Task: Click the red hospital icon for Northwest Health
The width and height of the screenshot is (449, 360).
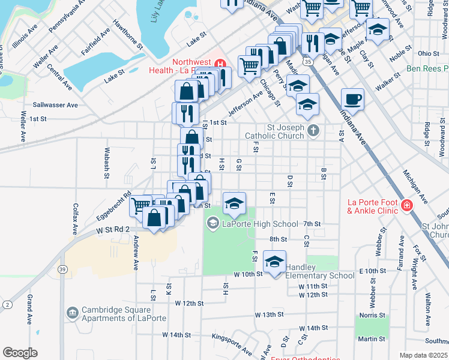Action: [220, 63]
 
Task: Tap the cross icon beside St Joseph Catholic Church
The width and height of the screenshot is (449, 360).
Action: [313, 130]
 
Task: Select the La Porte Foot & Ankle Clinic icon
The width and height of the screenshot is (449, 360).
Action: [407, 206]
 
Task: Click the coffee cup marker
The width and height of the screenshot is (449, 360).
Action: [352, 99]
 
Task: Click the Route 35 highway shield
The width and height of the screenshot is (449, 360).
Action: [307, 61]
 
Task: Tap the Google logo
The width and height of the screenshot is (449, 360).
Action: [20, 353]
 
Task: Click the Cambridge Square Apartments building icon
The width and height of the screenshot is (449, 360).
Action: [72, 313]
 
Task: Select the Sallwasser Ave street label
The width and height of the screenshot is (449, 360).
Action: [55, 105]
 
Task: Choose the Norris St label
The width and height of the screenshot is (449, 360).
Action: [373, 315]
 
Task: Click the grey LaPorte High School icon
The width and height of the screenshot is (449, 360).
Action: [212, 224]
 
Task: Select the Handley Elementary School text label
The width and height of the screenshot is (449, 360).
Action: [320, 271]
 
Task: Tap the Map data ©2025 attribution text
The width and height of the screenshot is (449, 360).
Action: [423, 355]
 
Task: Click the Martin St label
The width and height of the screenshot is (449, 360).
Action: [373, 339]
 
